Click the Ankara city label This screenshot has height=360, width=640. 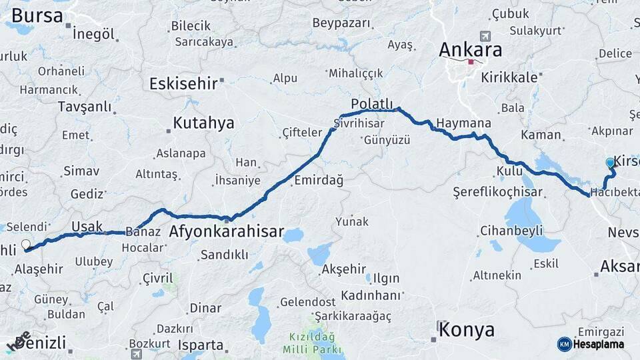pyautogui.click(x=471, y=50)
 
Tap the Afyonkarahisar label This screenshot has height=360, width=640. pyautogui.click(x=227, y=233)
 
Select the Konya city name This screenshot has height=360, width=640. pyautogui.click(x=467, y=330)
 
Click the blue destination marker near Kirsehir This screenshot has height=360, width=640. pyautogui.click(x=610, y=163)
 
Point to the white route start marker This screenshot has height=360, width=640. pyautogui.click(x=26, y=245)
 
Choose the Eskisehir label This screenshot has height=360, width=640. pyautogui.click(x=183, y=84)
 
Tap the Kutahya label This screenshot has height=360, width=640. pyautogui.click(x=203, y=123)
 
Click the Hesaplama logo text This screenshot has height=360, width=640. pyautogui.click(x=599, y=344)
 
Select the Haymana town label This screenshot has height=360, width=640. pyautogui.click(x=464, y=123)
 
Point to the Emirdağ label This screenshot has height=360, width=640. pyautogui.click(x=318, y=181)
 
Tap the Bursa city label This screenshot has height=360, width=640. pyautogui.click(x=37, y=15)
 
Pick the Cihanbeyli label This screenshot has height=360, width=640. pyautogui.click(x=511, y=231)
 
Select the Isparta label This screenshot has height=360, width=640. pyautogui.click(x=201, y=345)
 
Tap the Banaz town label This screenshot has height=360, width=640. pyautogui.click(x=147, y=232)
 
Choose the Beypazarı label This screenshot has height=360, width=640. pyautogui.click(x=341, y=23)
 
